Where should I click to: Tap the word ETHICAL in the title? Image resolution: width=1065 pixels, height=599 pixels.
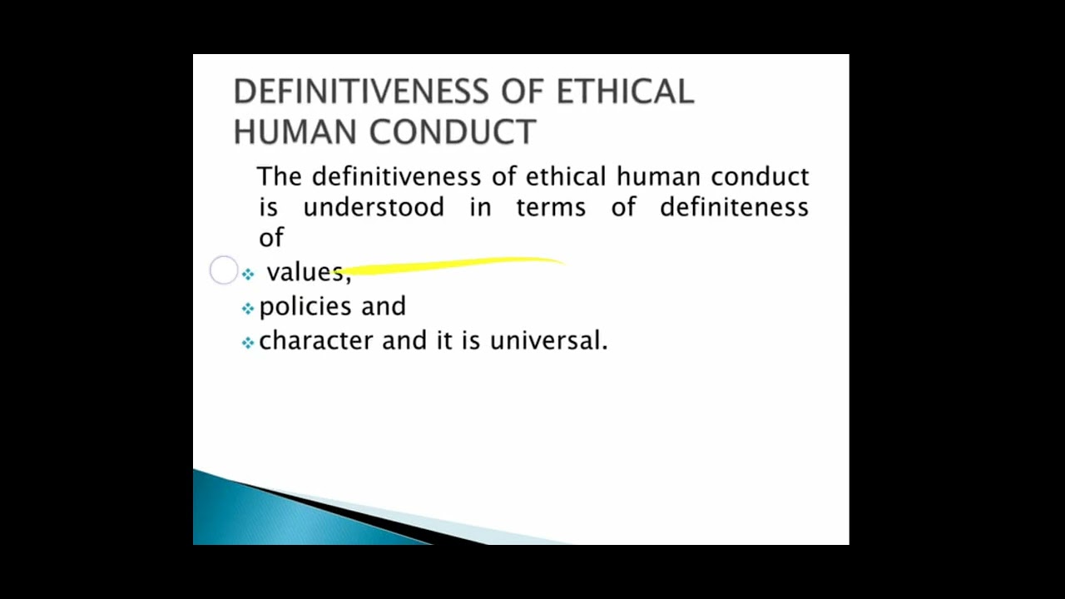pos(625,92)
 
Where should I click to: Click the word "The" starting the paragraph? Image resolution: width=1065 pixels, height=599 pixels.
pos(280,176)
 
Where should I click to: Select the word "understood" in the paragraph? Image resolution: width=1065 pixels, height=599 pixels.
pos(374,207)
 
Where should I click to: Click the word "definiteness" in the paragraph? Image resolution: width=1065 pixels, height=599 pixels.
pos(734,207)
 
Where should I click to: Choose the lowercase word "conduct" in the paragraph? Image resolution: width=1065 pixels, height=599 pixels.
pos(760,176)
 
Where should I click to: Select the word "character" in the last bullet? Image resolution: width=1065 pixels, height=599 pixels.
pos(316,341)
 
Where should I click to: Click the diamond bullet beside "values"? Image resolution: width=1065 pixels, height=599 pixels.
pos(248,274)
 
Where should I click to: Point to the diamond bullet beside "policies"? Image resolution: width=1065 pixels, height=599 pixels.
pos(248,309)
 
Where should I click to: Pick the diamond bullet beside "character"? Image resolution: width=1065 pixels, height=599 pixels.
pos(248,343)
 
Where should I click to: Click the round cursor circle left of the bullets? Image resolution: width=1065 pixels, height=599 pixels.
pos(224,270)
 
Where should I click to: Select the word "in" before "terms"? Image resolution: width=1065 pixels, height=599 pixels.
pos(480,207)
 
